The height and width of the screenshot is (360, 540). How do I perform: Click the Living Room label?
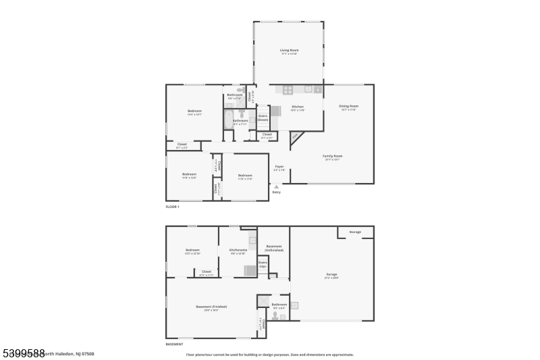[x=289, y=51]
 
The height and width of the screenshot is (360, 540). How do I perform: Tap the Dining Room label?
[x=348, y=107]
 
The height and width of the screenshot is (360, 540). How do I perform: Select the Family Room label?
[x=332, y=157]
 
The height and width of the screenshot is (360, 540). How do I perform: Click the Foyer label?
[x=278, y=167]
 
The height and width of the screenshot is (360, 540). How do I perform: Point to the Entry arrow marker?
[x=276, y=186]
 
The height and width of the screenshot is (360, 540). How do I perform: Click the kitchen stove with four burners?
[x=288, y=89]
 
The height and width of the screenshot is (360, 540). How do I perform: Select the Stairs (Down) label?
[x=263, y=118]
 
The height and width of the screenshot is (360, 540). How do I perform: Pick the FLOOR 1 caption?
[x=173, y=207]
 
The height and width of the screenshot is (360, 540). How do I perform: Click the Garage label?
[x=331, y=274]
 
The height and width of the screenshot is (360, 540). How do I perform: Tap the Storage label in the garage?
[x=354, y=232]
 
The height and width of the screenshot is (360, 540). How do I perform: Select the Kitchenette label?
[x=238, y=251]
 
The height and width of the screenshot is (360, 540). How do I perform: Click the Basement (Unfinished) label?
[x=274, y=248]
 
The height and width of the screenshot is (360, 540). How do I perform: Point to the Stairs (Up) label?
[x=263, y=265]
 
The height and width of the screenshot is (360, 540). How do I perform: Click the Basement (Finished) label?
[x=211, y=307]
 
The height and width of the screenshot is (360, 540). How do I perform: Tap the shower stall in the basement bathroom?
[x=263, y=302]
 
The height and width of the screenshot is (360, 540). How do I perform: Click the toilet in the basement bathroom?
[x=275, y=315]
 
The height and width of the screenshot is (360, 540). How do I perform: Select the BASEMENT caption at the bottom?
[x=174, y=344]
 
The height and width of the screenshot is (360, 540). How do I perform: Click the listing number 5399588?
[x=24, y=353]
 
